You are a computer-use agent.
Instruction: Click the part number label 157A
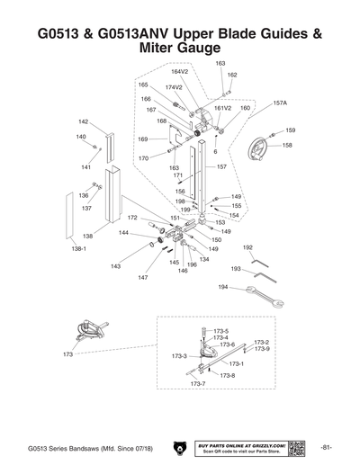(280, 103)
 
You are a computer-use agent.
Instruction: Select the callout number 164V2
(180, 71)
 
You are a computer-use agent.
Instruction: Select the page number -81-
(328, 447)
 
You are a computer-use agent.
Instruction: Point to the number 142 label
(83, 121)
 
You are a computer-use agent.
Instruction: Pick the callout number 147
(143, 278)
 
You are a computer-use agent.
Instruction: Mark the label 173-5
(220, 331)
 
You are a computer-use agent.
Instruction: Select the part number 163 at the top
(220, 63)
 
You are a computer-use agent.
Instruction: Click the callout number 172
(132, 218)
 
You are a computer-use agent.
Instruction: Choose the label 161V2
(222, 107)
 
